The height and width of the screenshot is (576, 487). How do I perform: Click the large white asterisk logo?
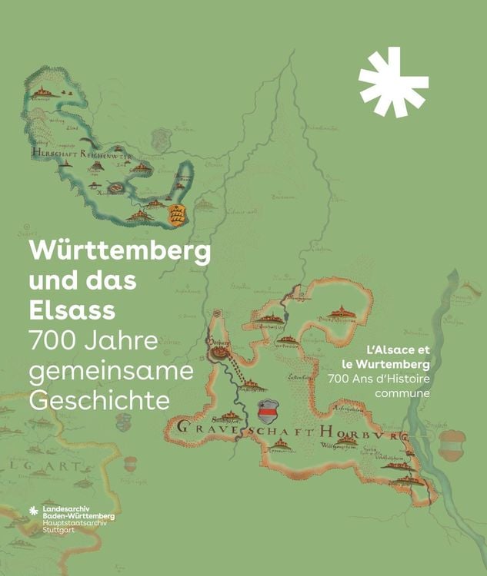(x=393, y=82)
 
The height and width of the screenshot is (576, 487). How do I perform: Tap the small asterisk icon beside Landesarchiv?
(x=33, y=511)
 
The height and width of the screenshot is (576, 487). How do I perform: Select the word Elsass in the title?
(x=72, y=310)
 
